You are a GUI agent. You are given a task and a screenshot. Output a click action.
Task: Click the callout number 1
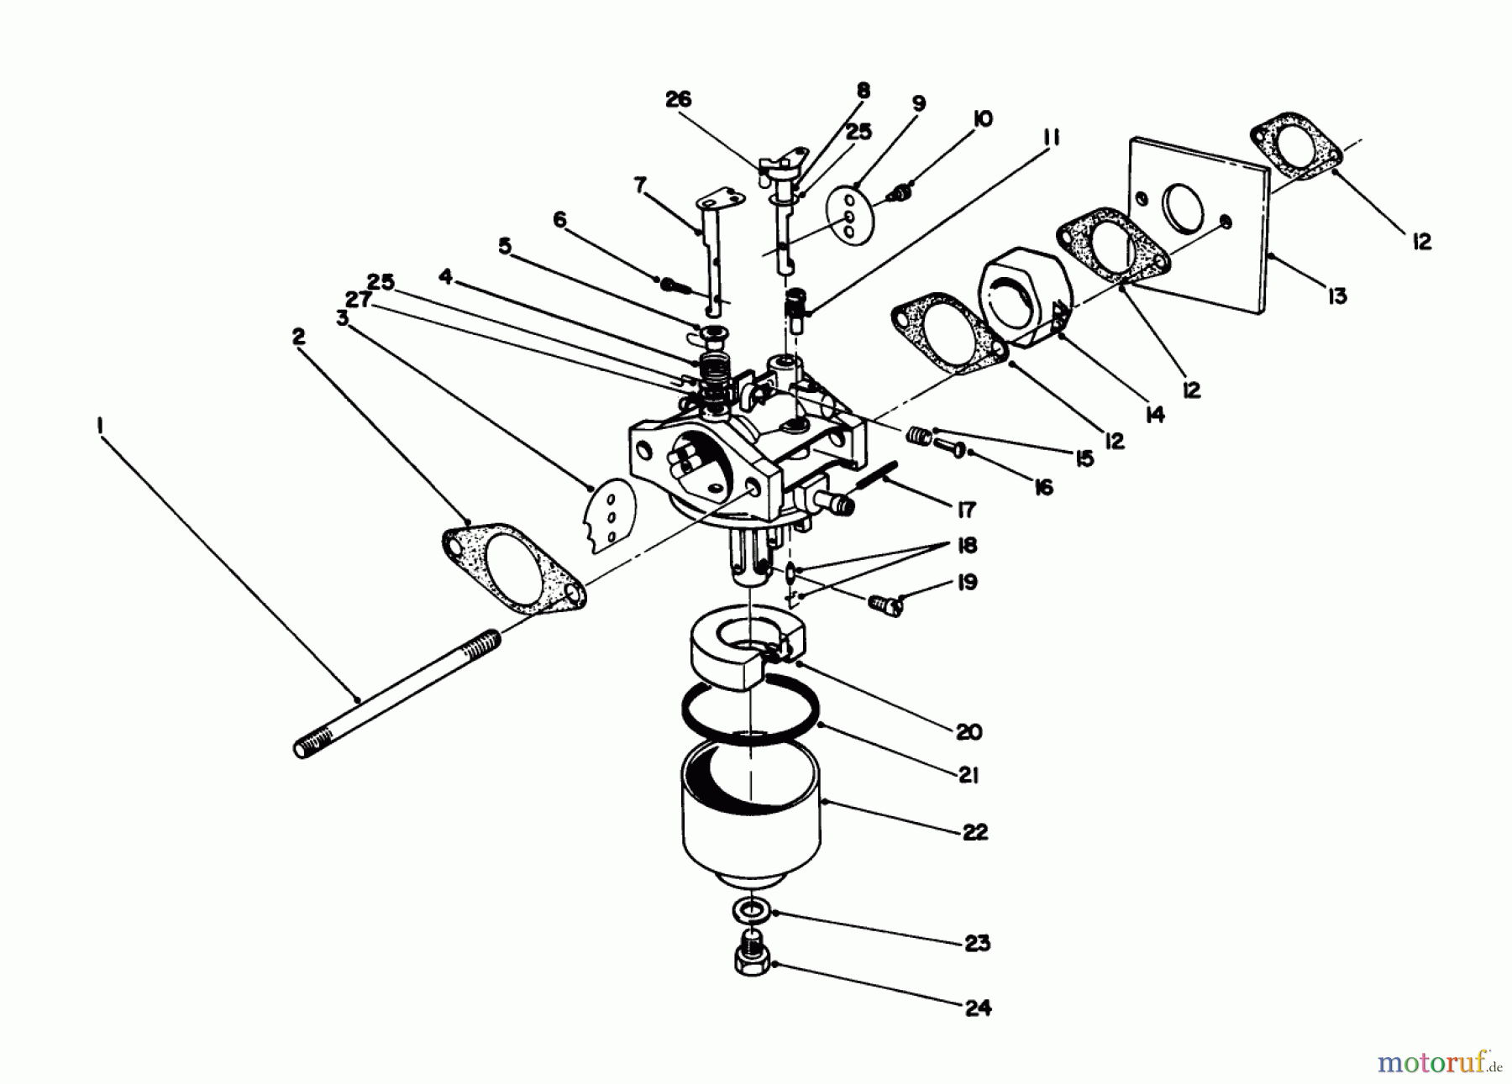99,427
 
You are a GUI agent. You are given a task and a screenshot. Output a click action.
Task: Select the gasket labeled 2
512,568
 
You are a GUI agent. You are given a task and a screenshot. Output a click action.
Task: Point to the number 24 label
977,1007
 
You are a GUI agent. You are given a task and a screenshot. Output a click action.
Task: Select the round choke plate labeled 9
848,217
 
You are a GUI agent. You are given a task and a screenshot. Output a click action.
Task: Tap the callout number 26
677,99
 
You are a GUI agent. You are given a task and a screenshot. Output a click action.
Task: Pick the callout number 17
966,509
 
